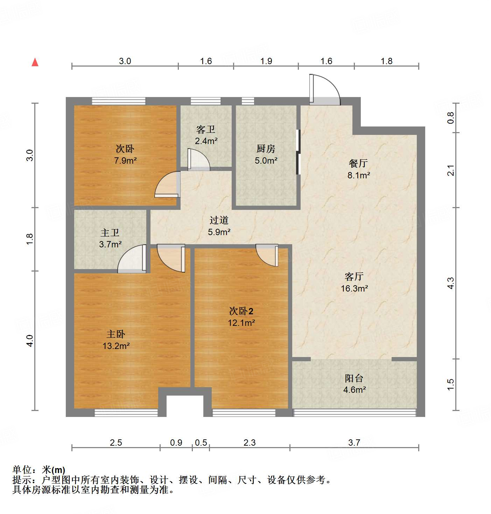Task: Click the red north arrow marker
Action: [x=35, y=62]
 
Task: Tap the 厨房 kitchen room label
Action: [x=266, y=149]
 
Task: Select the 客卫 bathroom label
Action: [x=206, y=130]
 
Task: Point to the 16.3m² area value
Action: [x=354, y=289]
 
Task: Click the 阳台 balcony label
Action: [x=354, y=378]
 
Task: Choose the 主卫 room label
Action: [x=110, y=233]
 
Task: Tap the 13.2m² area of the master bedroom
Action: [x=116, y=346]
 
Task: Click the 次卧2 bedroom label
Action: [x=241, y=311]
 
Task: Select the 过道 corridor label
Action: [x=219, y=220]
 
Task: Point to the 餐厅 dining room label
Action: [x=358, y=163]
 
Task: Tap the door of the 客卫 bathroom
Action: [x=198, y=160]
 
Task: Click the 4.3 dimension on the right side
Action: [x=451, y=283]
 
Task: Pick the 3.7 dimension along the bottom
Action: [x=354, y=443]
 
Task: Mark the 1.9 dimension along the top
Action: [x=266, y=61]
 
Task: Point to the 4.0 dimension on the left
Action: [x=30, y=341]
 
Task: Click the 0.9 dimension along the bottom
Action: [x=176, y=443]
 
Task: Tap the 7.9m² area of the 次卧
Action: [x=125, y=161]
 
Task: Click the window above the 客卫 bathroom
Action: [x=206, y=101]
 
